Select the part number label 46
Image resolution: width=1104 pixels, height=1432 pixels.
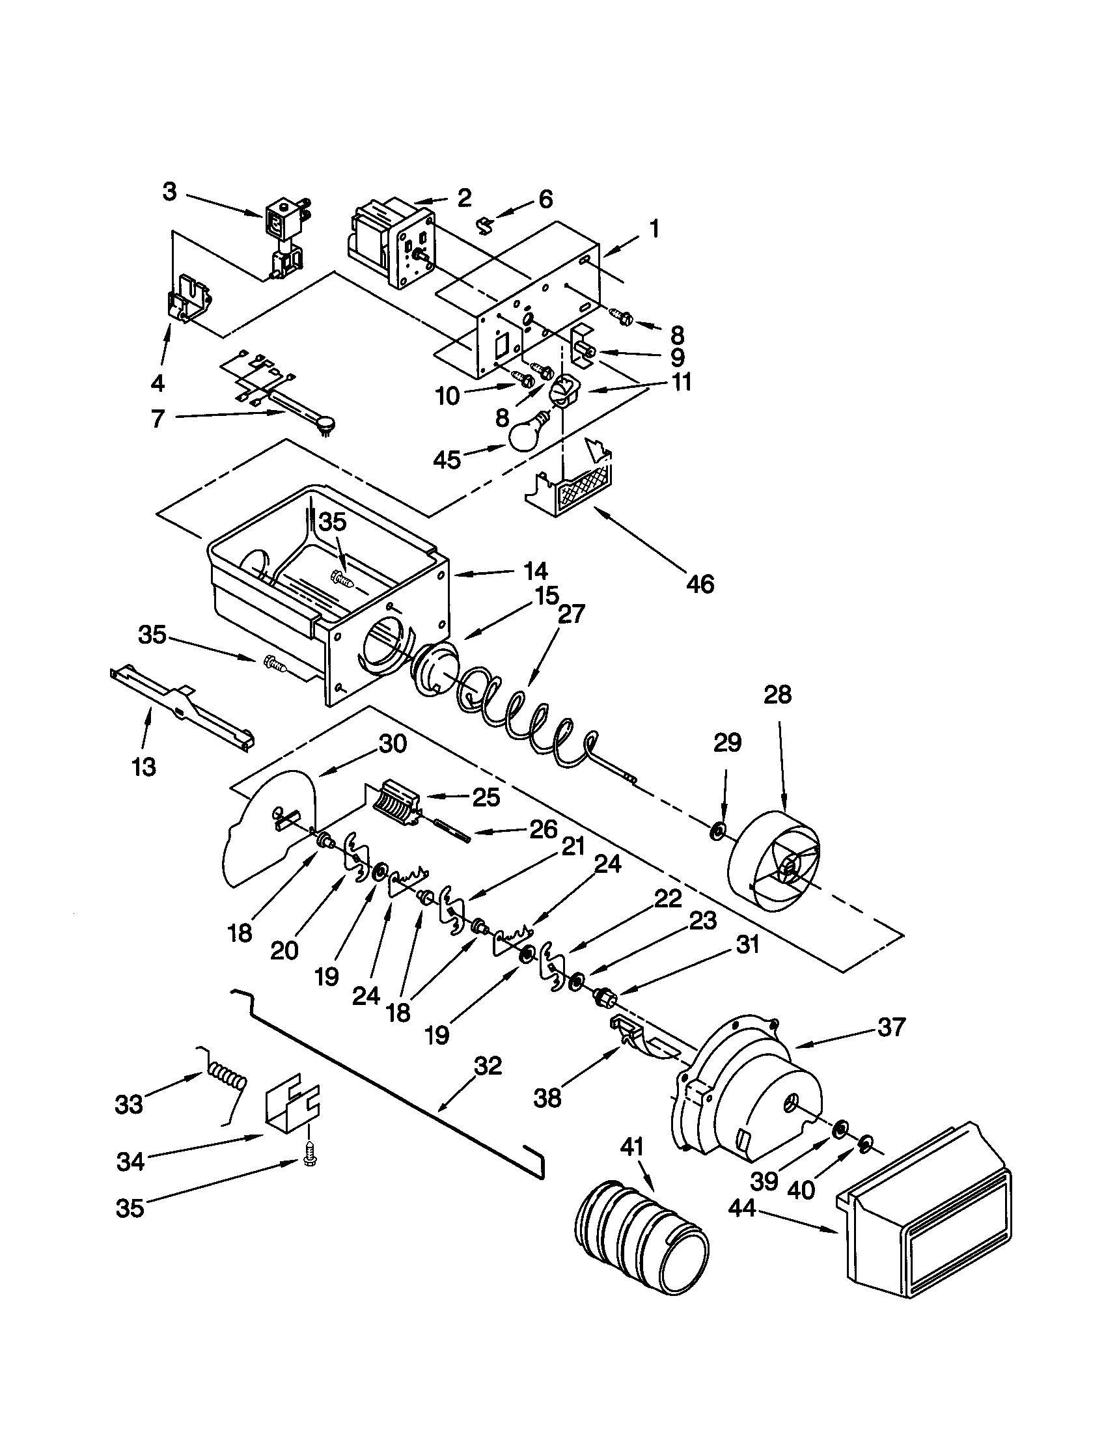[700, 583]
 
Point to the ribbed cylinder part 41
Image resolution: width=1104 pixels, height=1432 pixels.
[641, 1231]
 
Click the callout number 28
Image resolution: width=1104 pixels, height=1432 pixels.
[777, 695]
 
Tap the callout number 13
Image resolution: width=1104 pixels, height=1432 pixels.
[145, 766]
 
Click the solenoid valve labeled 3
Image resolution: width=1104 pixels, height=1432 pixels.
[286, 240]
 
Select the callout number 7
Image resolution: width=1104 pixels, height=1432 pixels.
[158, 418]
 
